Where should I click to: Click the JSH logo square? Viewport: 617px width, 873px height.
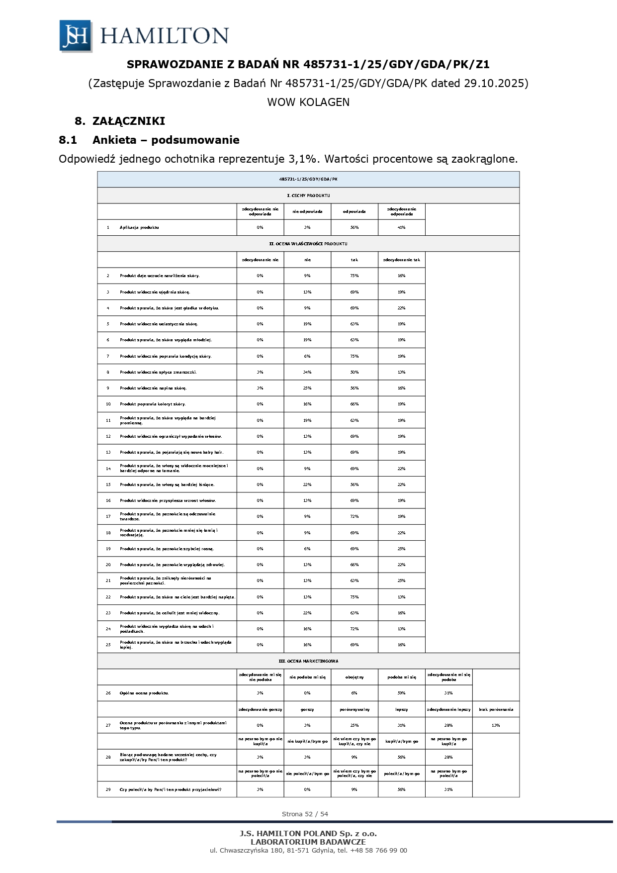point(76,36)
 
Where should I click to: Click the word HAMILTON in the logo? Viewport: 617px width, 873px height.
point(164,36)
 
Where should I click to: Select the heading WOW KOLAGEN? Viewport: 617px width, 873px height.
point(308,102)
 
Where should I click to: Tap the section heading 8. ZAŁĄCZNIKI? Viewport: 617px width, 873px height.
point(120,121)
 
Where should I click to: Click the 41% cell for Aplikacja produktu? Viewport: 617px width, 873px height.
point(401,227)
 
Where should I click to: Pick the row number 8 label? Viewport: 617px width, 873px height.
point(108,372)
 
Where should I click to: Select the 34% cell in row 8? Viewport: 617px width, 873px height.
point(307,372)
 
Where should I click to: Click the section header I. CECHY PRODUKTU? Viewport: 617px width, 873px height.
point(308,195)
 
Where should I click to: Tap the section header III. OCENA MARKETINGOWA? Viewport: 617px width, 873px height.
point(308,661)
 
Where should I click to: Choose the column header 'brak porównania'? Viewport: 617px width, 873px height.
point(496,709)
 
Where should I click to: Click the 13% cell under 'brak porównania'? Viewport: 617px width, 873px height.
point(496,725)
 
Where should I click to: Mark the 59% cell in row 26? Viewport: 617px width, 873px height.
point(401,693)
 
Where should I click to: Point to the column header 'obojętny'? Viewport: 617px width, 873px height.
point(354,677)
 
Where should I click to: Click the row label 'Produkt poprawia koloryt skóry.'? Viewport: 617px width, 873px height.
point(153,404)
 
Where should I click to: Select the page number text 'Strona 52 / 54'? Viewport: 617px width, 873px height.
point(305,814)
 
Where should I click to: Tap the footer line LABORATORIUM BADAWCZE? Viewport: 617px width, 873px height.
point(308,842)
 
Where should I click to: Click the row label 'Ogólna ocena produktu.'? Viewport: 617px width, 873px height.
point(144,693)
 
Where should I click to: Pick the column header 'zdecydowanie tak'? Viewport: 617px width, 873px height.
point(401,260)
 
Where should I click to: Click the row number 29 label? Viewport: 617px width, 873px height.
point(108,789)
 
